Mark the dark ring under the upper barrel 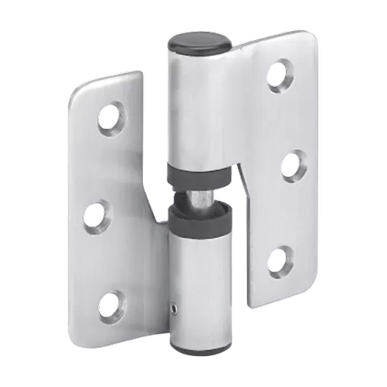[199, 176]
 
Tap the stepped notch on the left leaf [155, 215]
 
